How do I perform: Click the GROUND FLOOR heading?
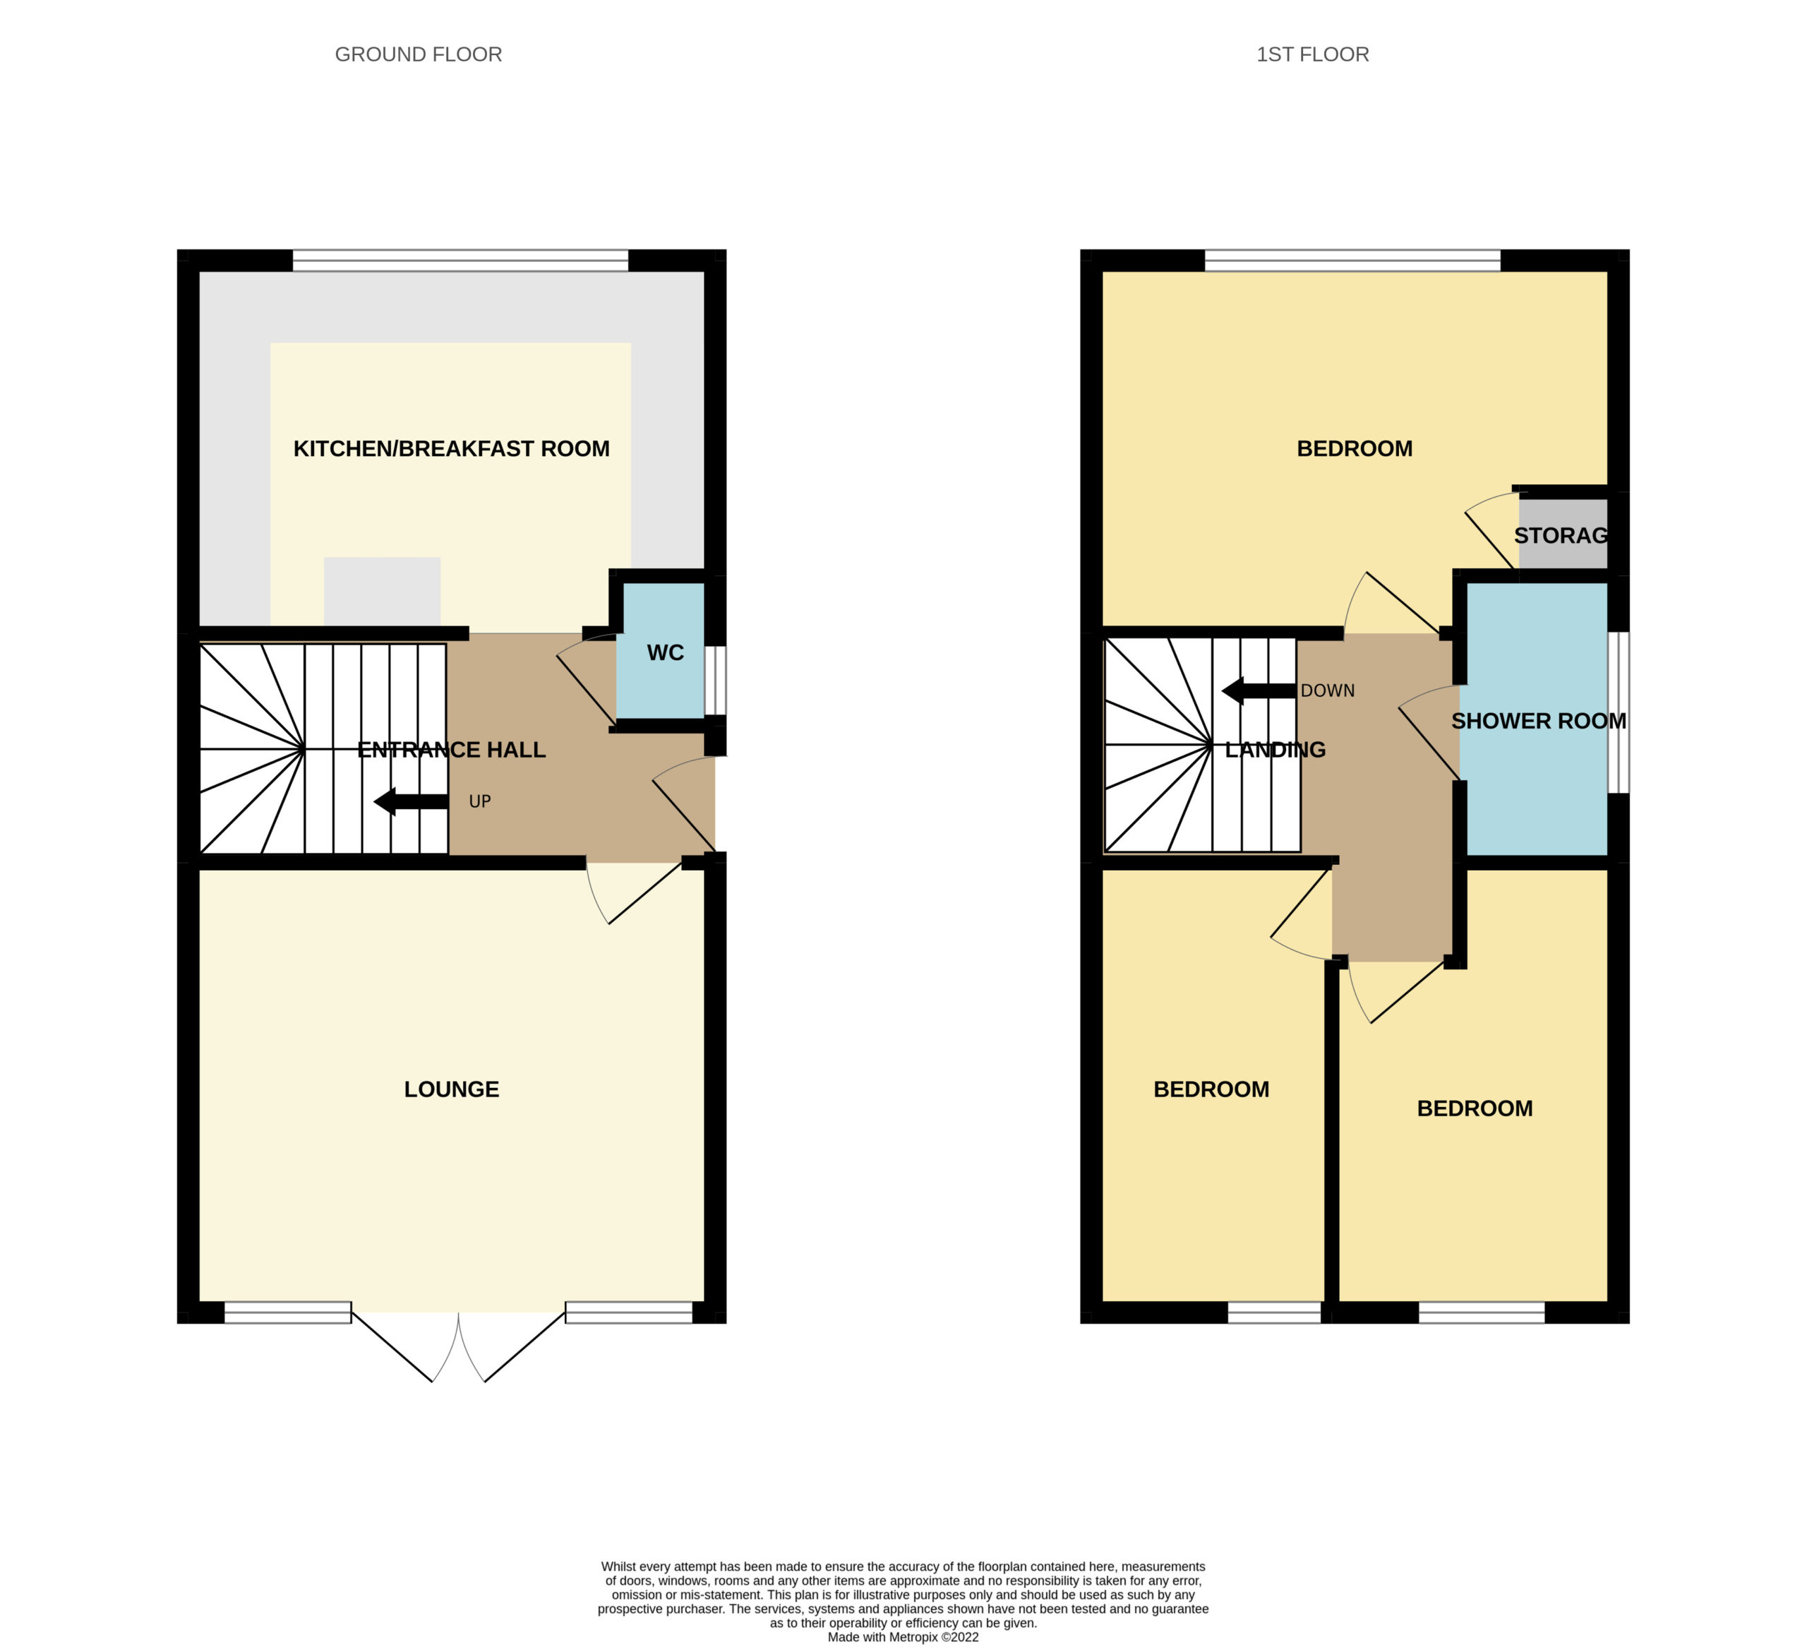tap(418, 54)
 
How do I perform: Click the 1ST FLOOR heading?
tap(1312, 54)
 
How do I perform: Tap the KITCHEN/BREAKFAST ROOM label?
tap(451, 448)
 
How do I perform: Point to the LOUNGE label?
tap(451, 1089)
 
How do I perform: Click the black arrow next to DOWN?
tap(1259, 691)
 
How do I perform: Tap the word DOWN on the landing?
tap(1328, 691)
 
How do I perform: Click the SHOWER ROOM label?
tap(1538, 721)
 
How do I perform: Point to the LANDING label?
tap(1275, 750)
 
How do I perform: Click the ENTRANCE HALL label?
tap(451, 750)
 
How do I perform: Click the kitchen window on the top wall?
tap(461, 260)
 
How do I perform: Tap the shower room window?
tap(1618, 712)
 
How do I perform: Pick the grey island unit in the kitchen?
tap(382, 592)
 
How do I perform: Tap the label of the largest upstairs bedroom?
tap(1355, 448)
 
